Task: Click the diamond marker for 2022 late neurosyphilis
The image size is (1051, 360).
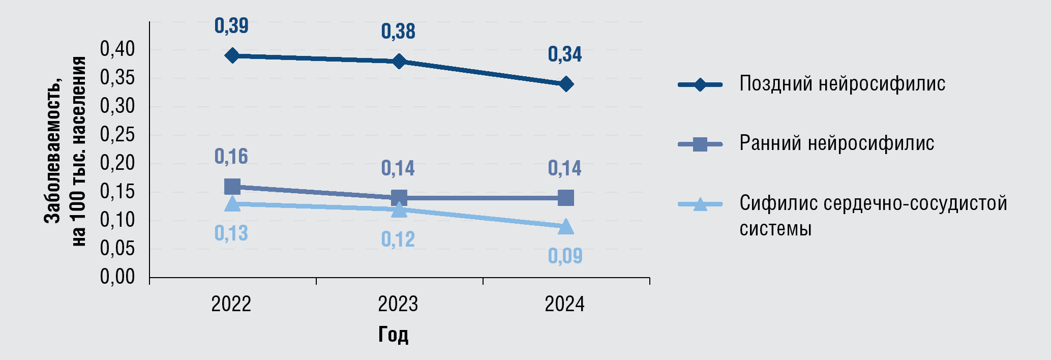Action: (x=232, y=55)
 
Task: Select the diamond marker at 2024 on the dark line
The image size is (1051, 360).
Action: (x=566, y=84)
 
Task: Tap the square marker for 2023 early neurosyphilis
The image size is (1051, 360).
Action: (x=399, y=198)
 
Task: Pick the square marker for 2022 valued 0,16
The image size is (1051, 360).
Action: (x=232, y=186)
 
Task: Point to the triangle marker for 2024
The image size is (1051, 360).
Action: (x=566, y=227)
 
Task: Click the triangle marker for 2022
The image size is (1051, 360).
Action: (x=232, y=204)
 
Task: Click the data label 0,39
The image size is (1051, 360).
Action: (x=231, y=26)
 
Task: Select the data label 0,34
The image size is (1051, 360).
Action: (x=565, y=54)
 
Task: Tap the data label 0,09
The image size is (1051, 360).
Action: (x=565, y=256)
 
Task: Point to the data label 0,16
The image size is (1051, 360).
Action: (x=231, y=157)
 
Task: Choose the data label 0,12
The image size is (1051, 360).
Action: (x=398, y=239)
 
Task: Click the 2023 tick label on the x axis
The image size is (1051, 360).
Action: (x=398, y=305)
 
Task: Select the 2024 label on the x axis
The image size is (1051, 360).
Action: (x=565, y=305)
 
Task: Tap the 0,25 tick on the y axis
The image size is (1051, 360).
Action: (x=117, y=135)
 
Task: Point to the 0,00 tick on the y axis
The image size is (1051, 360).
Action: (x=117, y=277)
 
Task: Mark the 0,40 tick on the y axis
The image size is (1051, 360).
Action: (x=117, y=50)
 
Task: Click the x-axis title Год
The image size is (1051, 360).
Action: (x=393, y=335)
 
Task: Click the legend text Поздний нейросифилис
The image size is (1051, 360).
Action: (x=842, y=84)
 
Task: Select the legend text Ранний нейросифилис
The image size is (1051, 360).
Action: (x=836, y=144)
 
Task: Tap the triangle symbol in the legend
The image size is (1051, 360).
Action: (x=700, y=204)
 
